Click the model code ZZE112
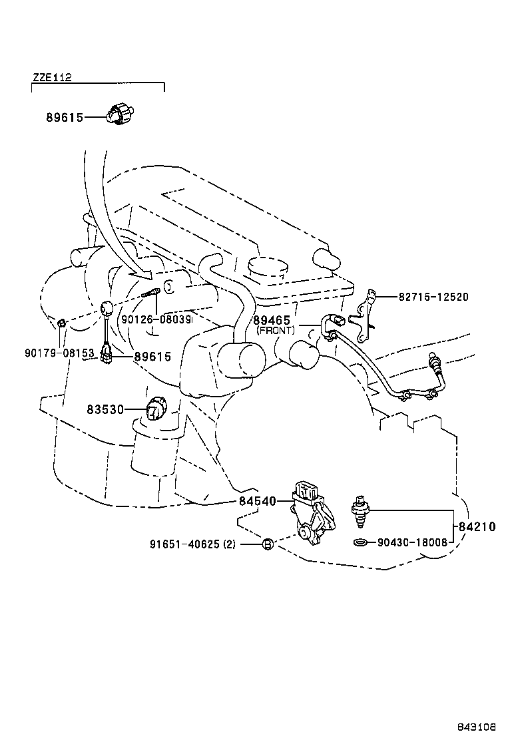click(51, 77)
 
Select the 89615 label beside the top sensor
click(64, 118)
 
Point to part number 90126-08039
click(156, 319)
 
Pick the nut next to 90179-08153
click(61, 323)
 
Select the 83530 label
click(105, 409)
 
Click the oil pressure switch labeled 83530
click(156, 407)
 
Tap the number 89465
click(272, 321)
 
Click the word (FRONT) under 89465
click(276, 331)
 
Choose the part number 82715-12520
click(433, 297)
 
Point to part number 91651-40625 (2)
click(192, 544)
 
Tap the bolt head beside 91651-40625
click(267, 544)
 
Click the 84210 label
click(477, 527)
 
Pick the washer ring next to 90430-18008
click(360, 542)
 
